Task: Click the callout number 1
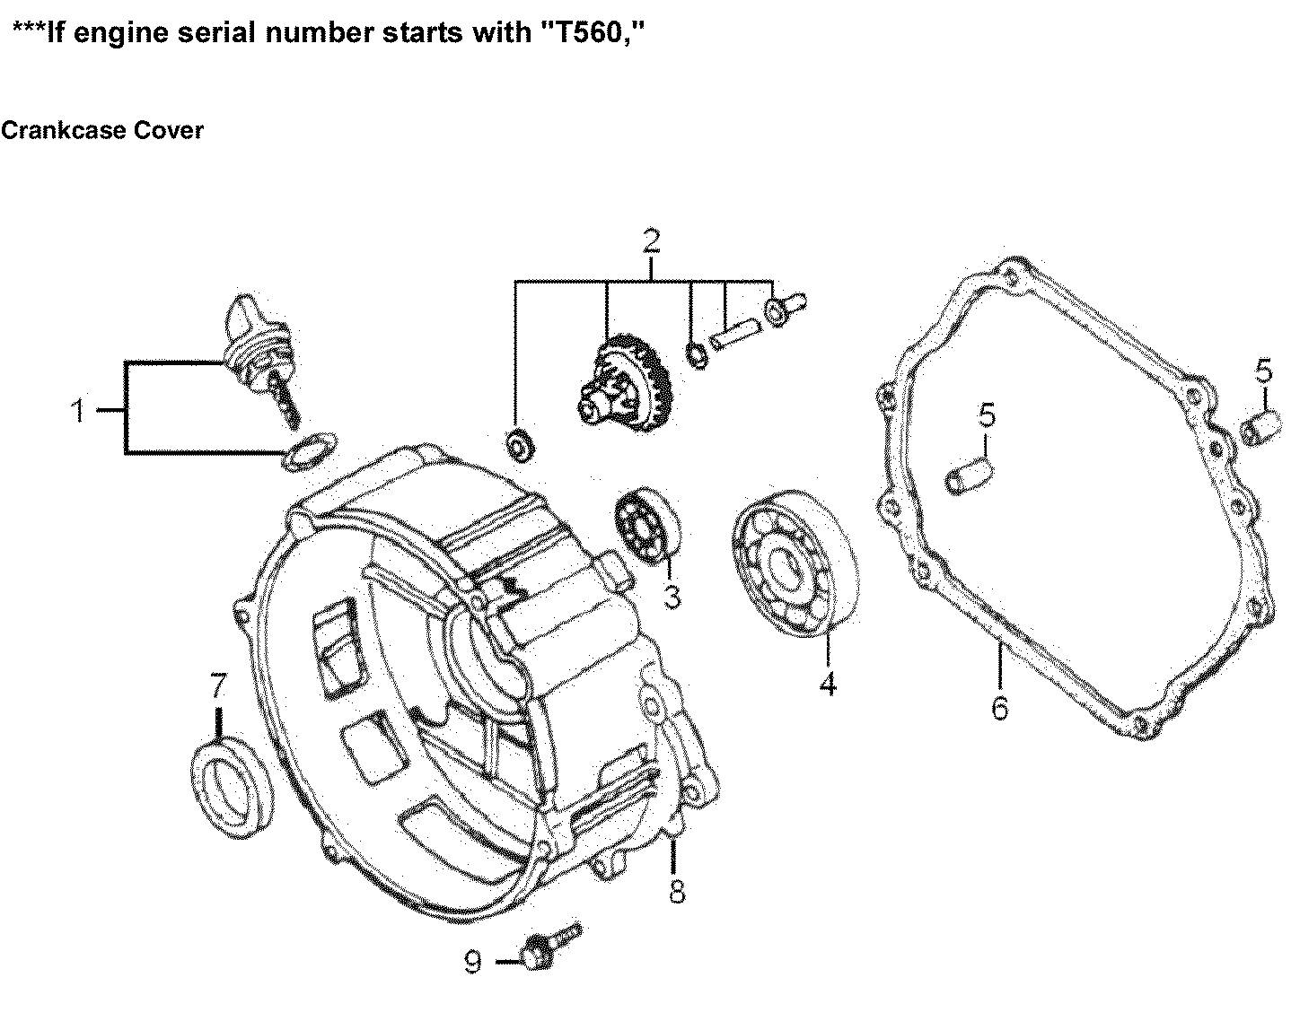click(78, 411)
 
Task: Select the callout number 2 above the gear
click(651, 241)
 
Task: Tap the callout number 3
click(672, 596)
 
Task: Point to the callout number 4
click(827, 684)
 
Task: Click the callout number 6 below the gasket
click(999, 708)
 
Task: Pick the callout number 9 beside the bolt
click(473, 963)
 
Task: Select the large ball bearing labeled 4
click(792, 564)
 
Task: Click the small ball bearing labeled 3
click(646, 524)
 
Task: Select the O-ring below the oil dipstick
click(310, 450)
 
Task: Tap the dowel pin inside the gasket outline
click(969, 475)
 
